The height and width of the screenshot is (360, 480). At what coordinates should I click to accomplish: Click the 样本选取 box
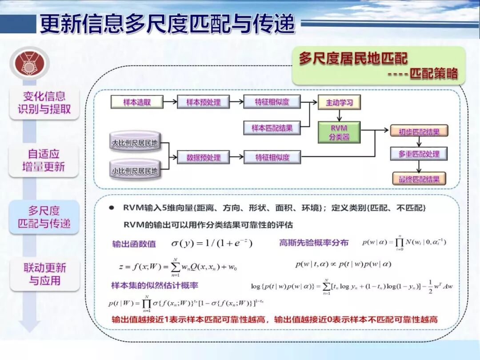coord(137,102)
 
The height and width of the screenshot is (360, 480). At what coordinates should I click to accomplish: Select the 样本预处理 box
coord(204,102)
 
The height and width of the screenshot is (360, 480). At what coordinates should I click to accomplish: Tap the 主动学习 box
coord(339,102)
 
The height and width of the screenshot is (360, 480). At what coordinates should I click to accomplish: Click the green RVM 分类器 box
coord(339,132)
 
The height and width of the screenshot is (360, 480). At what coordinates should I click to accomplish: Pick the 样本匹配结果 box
coord(272,128)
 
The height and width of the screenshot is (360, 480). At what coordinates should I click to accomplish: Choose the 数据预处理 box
coord(204,157)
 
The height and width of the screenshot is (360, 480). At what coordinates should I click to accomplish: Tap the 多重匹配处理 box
coord(419,154)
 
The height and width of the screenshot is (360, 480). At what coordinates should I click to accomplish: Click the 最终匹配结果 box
coord(419,179)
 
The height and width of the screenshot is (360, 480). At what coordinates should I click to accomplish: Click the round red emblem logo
coord(29,64)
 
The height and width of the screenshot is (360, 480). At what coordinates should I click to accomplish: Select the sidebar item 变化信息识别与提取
coord(44,103)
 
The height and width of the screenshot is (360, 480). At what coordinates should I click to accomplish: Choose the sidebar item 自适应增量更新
coord(44,160)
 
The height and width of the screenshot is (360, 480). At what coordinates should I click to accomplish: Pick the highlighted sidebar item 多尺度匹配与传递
coord(44,217)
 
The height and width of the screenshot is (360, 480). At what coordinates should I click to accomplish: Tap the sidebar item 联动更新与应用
coord(44,274)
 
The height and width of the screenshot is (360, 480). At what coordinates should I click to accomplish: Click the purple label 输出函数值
coord(134,244)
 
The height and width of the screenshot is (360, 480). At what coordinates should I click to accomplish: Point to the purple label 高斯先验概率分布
coord(314,243)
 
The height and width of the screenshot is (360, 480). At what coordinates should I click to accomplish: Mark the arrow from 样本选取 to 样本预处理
coord(170,102)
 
